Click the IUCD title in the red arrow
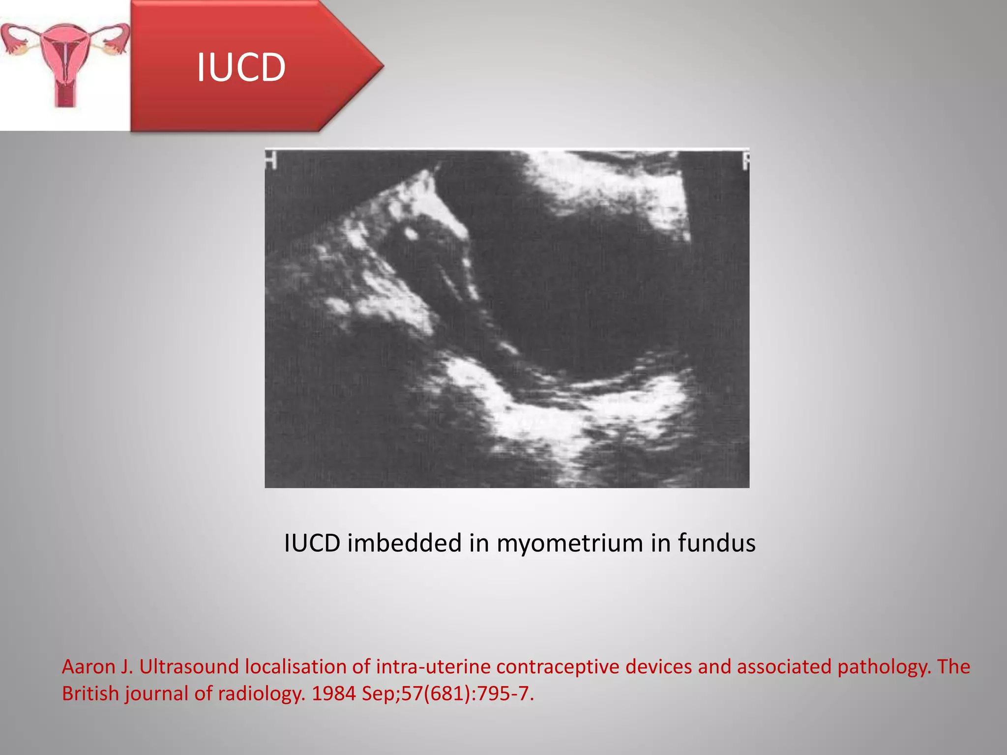coord(241,67)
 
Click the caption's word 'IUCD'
coord(312,543)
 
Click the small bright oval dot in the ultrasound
coord(410,233)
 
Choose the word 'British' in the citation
coord(90,694)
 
